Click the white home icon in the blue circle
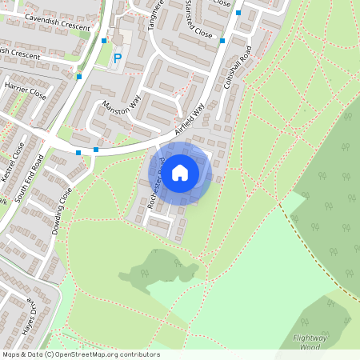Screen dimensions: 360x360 (x=180, y=171)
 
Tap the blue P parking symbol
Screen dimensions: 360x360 (x=118, y=58)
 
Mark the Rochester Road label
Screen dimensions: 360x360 (x=157, y=189)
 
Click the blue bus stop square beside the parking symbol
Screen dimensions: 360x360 (x=104, y=40)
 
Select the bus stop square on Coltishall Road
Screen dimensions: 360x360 (x=222, y=40)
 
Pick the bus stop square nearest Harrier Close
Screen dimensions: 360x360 (x=79, y=77)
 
